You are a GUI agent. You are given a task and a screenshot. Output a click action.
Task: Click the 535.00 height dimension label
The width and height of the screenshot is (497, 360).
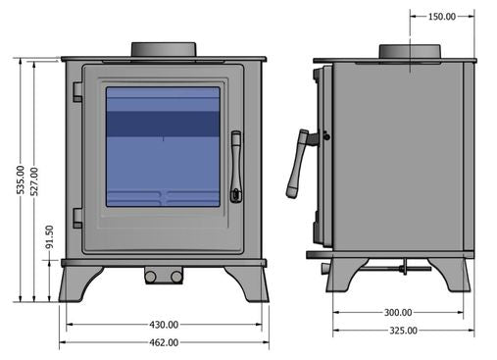(21, 180)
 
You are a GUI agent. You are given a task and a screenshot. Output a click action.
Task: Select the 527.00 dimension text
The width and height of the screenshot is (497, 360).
(34, 181)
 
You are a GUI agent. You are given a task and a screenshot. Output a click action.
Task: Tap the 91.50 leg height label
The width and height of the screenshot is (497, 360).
(49, 236)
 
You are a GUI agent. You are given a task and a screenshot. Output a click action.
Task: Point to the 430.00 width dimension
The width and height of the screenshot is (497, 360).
(164, 325)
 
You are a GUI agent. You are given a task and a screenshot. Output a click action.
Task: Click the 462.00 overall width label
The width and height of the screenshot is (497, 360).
(164, 342)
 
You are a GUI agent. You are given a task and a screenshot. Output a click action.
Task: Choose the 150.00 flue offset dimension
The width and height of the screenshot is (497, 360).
(442, 17)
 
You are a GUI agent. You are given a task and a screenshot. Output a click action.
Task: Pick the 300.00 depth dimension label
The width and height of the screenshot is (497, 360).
(398, 313)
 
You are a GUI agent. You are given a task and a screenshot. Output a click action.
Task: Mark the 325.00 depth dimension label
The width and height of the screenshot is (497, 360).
(403, 331)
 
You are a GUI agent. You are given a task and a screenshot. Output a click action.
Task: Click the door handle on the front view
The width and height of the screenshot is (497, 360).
(236, 167)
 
